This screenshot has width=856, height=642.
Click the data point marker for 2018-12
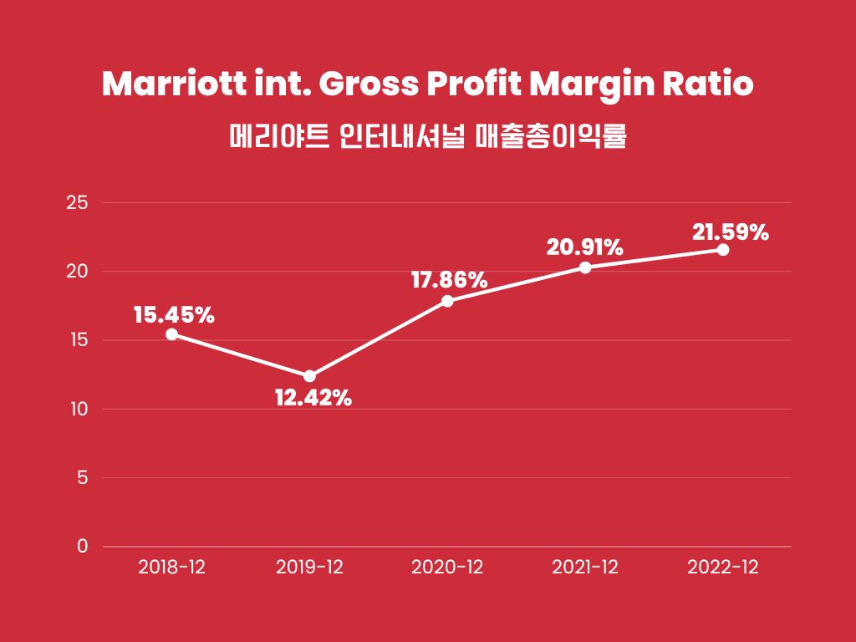click(x=171, y=334)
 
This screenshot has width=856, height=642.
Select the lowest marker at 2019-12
click(x=309, y=376)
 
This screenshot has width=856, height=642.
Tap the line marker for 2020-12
click(x=447, y=301)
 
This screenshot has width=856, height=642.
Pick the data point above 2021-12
click(x=585, y=267)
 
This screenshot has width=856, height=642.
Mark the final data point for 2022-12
click(x=723, y=250)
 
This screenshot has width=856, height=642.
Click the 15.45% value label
click(x=174, y=315)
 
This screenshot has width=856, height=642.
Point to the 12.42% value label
click(x=313, y=398)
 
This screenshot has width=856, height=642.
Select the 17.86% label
click(x=449, y=280)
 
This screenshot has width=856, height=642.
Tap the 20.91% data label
click(x=585, y=247)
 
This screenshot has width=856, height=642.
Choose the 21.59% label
click(x=731, y=232)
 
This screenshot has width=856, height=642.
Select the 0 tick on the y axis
click(x=82, y=547)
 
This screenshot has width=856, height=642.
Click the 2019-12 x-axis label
click(x=309, y=567)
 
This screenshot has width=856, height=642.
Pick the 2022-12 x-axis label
click(x=723, y=567)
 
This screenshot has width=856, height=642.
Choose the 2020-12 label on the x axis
click(x=447, y=567)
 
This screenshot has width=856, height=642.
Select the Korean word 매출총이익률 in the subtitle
click(x=551, y=135)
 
